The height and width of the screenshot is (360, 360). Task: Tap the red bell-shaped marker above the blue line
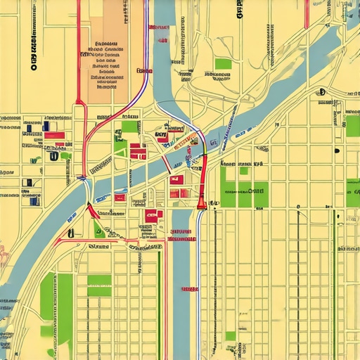click(x=202, y=204)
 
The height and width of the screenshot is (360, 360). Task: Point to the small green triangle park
click(x=98, y=227)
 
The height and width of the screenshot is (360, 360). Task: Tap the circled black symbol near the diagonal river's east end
click(x=321, y=92)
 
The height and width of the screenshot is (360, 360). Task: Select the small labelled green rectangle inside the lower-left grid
click(x=99, y=285)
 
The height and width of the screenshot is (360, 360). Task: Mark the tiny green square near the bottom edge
click(x=231, y=336)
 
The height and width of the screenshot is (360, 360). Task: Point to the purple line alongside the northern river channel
click(x=146, y=56)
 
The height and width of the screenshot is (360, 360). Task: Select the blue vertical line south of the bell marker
click(x=198, y=281)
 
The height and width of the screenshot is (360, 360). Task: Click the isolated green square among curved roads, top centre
click(x=223, y=64)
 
